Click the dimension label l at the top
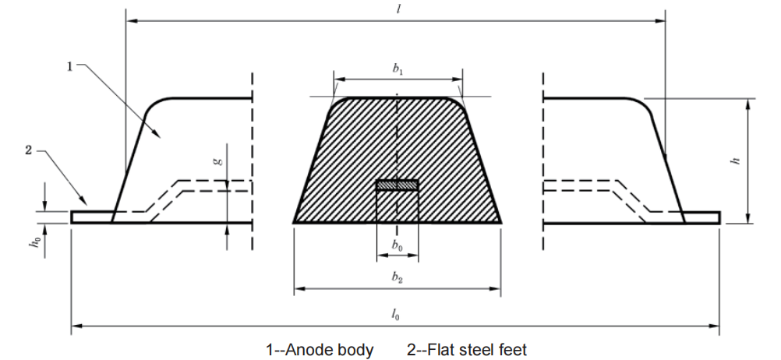398,9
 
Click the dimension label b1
398,69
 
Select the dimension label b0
397,245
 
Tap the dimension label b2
397,277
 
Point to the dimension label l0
395,314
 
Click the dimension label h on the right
737,161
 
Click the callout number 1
69,66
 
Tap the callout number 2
28,150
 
